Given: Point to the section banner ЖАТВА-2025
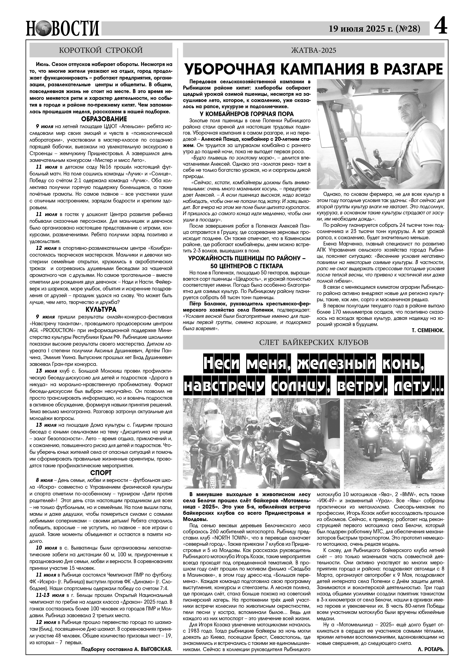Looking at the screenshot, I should (x=313, y=50).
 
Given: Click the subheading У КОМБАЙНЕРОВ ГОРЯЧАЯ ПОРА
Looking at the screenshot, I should (x=247, y=114).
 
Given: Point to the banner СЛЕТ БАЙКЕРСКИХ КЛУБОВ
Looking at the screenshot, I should (x=313, y=342).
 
